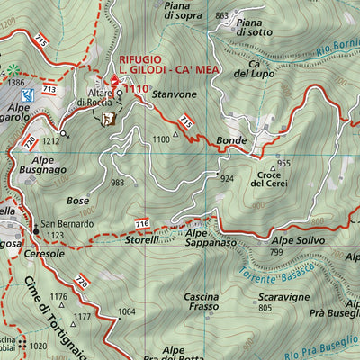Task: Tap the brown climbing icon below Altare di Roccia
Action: pyautogui.click(x=109, y=118)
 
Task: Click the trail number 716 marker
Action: pyautogui.click(x=141, y=222)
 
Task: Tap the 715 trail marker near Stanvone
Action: pyautogui.click(x=185, y=120)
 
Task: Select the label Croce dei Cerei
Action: pyautogui.click(x=270, y=177)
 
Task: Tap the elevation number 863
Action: pyautogui.click(x=221, y=16)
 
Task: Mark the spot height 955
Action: pyautogui.click(x=283, y=163)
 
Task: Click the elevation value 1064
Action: pyautogui.click(x=127, y=311)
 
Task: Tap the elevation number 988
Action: pyautogui.click(x=117, y=183)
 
